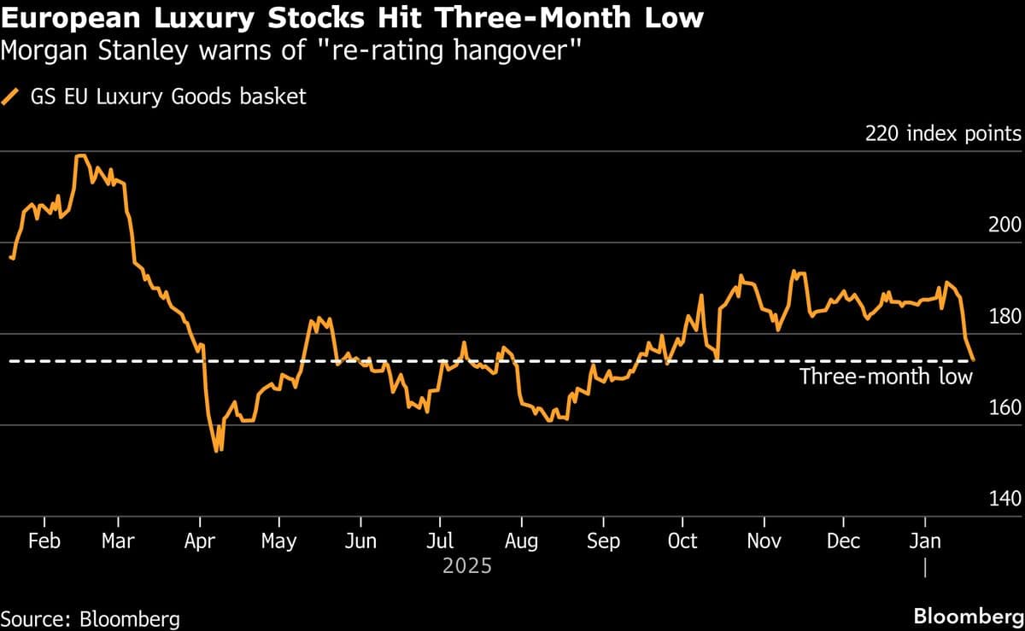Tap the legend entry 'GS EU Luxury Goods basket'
pos(167,96)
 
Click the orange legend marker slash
pos(13,96)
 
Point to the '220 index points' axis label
pos(943,134)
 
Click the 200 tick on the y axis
pos(1004,225)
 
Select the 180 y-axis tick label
pos(1004,316)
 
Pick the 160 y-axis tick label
pos(1004,407)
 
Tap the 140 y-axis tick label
pos(1004,499)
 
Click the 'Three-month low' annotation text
pos(885,377)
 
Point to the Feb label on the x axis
pos(44,541)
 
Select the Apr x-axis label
pos(199,541)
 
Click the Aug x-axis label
pos(521,541)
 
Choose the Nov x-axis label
pos(764,541)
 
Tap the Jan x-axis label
pos(925,541)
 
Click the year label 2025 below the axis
pos(466,565)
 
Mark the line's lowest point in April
pos(218,450)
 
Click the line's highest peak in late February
pos(80,155)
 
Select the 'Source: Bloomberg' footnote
pos(91,617)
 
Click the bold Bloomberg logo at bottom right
pos(968,616)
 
